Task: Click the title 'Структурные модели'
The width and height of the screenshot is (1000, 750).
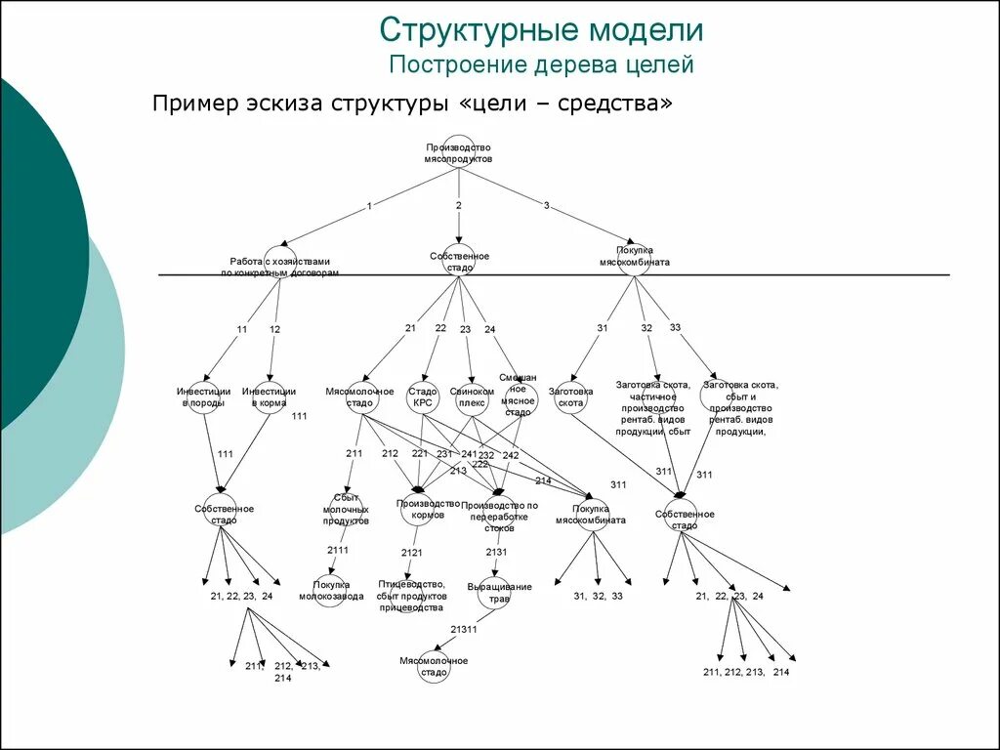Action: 541,29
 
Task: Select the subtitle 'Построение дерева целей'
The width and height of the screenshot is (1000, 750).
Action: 541,65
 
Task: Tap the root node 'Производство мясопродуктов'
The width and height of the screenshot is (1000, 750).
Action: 458,151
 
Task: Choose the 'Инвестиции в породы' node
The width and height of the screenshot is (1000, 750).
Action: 202,396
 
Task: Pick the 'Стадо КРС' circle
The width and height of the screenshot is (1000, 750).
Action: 422,396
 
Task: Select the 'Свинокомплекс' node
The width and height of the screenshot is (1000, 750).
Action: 472,396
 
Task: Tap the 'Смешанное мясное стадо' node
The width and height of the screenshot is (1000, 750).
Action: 520,395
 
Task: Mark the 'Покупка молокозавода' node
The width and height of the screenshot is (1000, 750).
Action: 330,590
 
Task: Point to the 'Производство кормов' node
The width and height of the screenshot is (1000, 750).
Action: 419,509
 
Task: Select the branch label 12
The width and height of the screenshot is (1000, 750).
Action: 274,330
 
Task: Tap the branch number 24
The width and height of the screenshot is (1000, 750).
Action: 489,329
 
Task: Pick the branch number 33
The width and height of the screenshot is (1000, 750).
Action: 675,327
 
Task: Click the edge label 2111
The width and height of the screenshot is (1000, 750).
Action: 338,550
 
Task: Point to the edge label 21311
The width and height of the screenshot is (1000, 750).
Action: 464,630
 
